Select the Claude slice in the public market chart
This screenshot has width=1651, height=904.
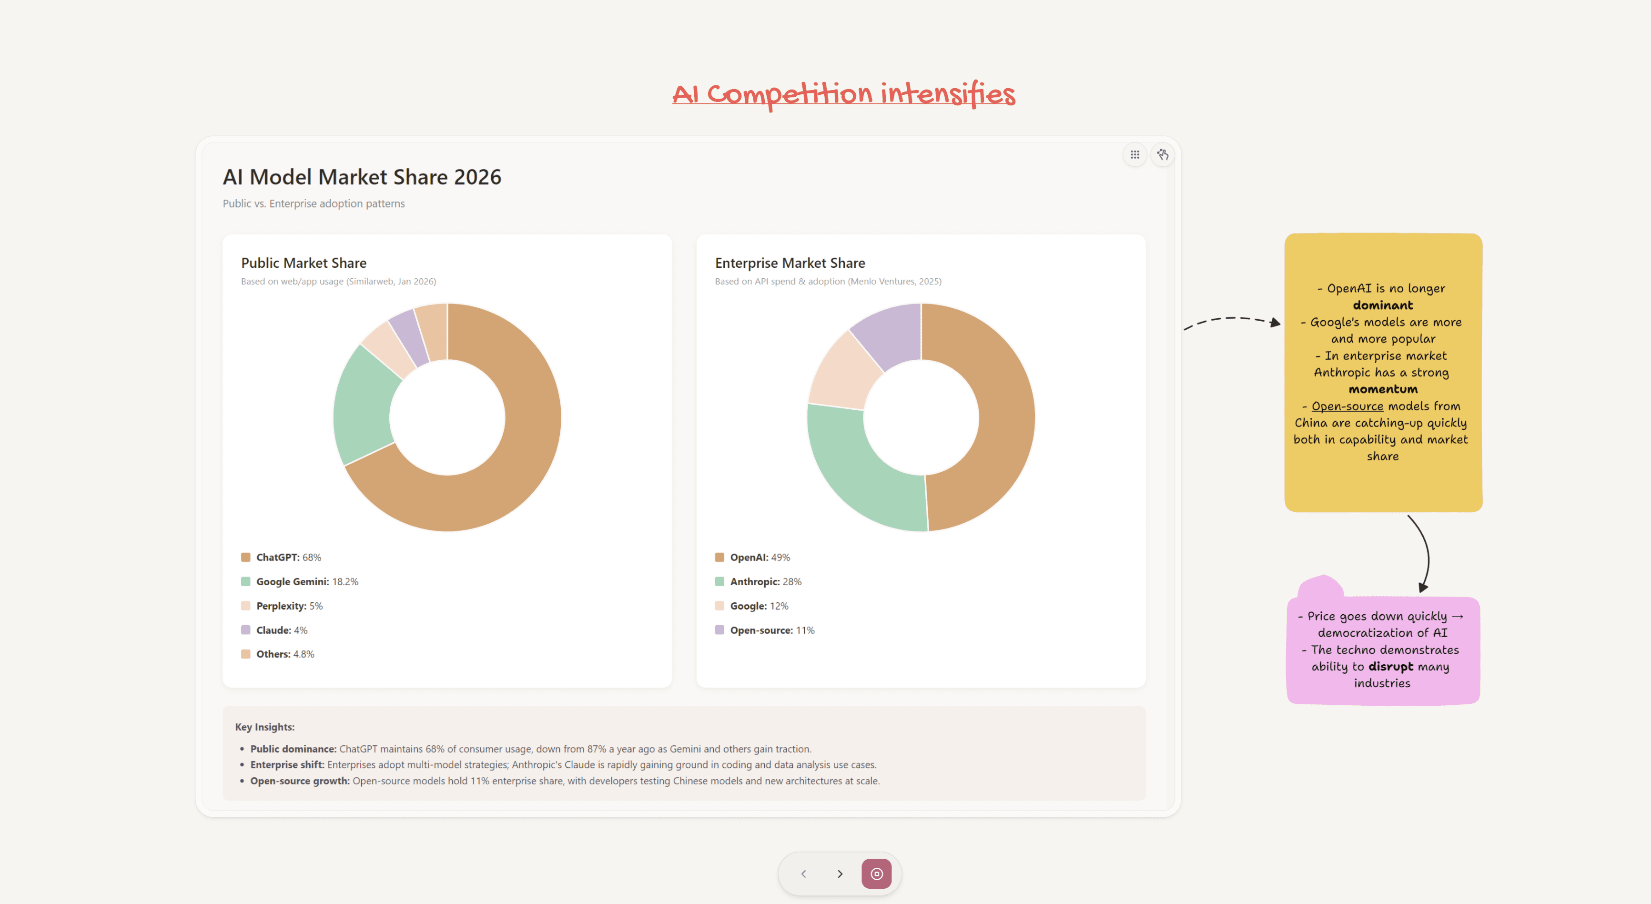pos(408,338)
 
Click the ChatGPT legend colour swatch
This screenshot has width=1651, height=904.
pos(245,557)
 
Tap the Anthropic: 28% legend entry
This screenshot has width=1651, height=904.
pos(765,581)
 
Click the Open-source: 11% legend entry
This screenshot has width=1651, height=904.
pos(772,630)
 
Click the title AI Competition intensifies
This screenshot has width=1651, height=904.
pos(843,94)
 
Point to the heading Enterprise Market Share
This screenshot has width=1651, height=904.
pos(790,263)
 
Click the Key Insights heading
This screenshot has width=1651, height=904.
pos(265,727)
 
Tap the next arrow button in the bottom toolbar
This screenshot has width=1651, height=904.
pos(840,874)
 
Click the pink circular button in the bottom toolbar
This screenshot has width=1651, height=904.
pos(876,874)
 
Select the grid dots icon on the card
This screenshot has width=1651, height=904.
pos(1134,154)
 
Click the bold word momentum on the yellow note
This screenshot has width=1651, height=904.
pos(1383,389)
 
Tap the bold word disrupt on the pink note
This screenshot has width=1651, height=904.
pos(1390,667)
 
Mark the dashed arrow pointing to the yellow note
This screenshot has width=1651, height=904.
pos(1231,319)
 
